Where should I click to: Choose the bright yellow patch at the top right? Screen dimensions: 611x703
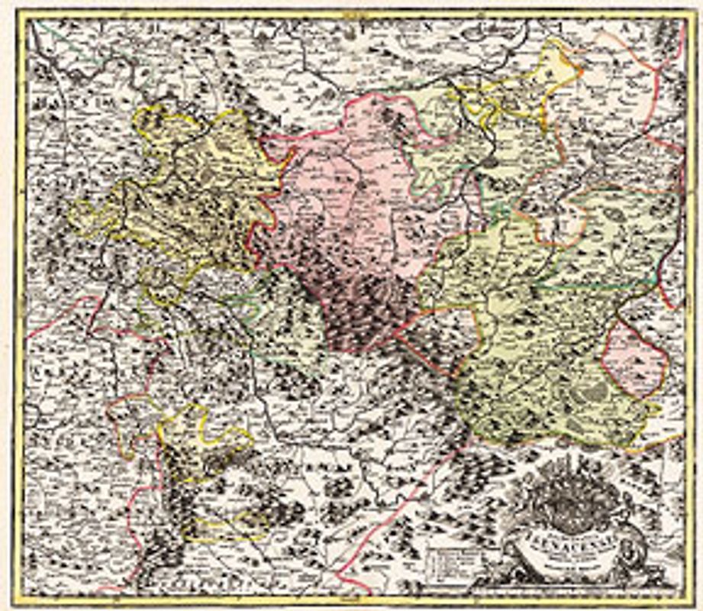(x=553, y=65)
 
